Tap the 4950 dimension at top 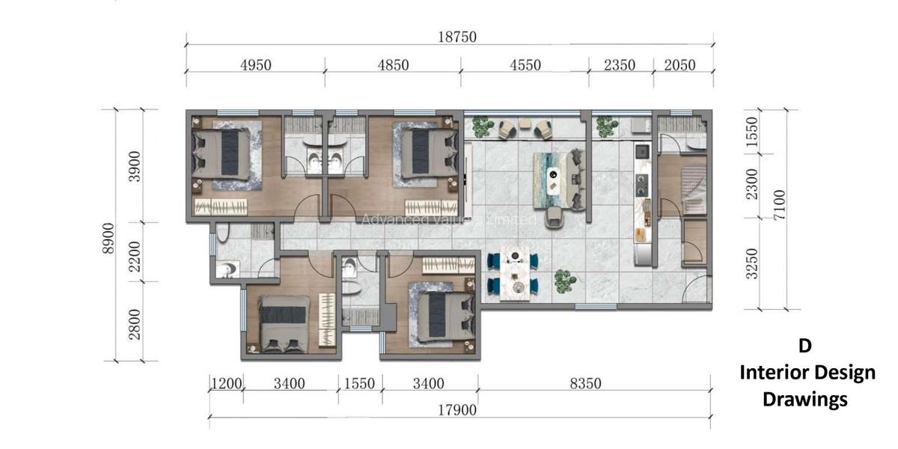tap(256, 65)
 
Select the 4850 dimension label tap(393, 65)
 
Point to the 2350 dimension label tap(620, 65)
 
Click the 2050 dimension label tap(679, 65)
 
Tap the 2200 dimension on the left tap(135, 252)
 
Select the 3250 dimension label tap(752, 263)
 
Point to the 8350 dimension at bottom tap(585, 384)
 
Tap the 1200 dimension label tap(225, 384)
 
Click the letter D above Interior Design tap(804, 346)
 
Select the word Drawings tap(804, 400)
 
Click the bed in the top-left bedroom tap(224, 153)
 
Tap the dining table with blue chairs tap(515, 274)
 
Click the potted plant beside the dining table tap(565, 281)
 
